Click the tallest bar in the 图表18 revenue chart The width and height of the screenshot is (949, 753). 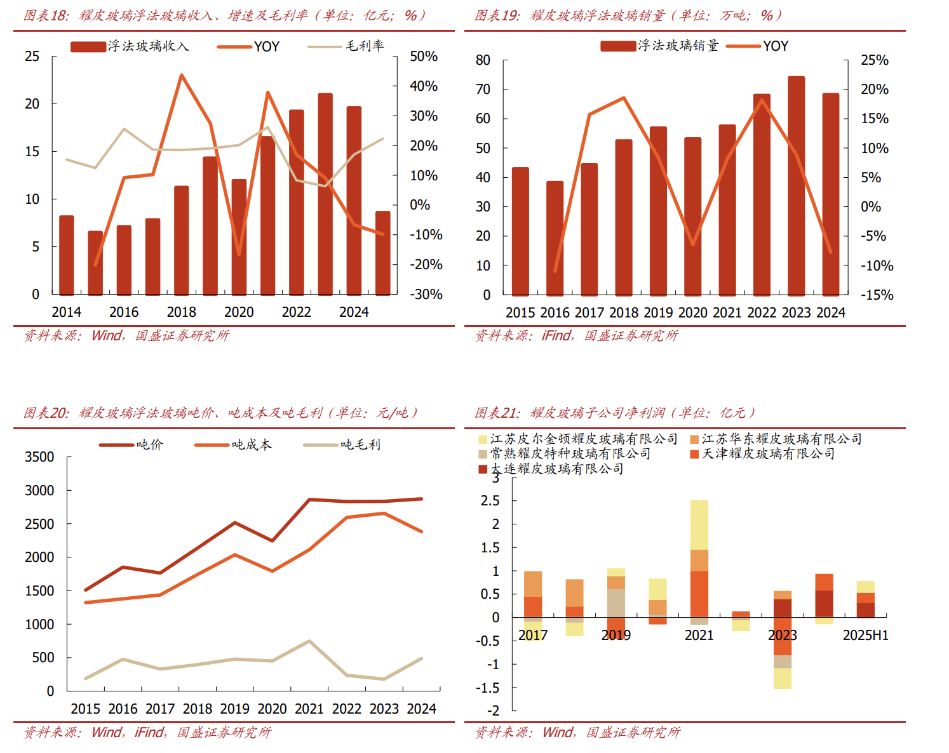click(325, 194)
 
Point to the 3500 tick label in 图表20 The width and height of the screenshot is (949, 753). click(39, 457)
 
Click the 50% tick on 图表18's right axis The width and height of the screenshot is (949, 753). click(424, 57)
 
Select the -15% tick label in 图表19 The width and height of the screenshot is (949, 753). click(877, 295)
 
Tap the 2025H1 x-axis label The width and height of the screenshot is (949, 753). click(865, 636)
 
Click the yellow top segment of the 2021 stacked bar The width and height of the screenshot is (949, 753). click(699, 524)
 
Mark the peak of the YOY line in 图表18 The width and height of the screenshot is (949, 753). click(182, 75)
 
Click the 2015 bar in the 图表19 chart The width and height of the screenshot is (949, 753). click(520, 231)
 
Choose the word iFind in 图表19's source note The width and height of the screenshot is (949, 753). click(556, 335)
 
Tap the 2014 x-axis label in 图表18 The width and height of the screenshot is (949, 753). click(66, 312)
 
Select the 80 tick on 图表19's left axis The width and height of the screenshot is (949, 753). click(483, 60)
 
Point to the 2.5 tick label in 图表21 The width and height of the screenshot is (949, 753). click(490, 501)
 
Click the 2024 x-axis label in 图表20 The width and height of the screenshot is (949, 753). click(421, 709)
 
